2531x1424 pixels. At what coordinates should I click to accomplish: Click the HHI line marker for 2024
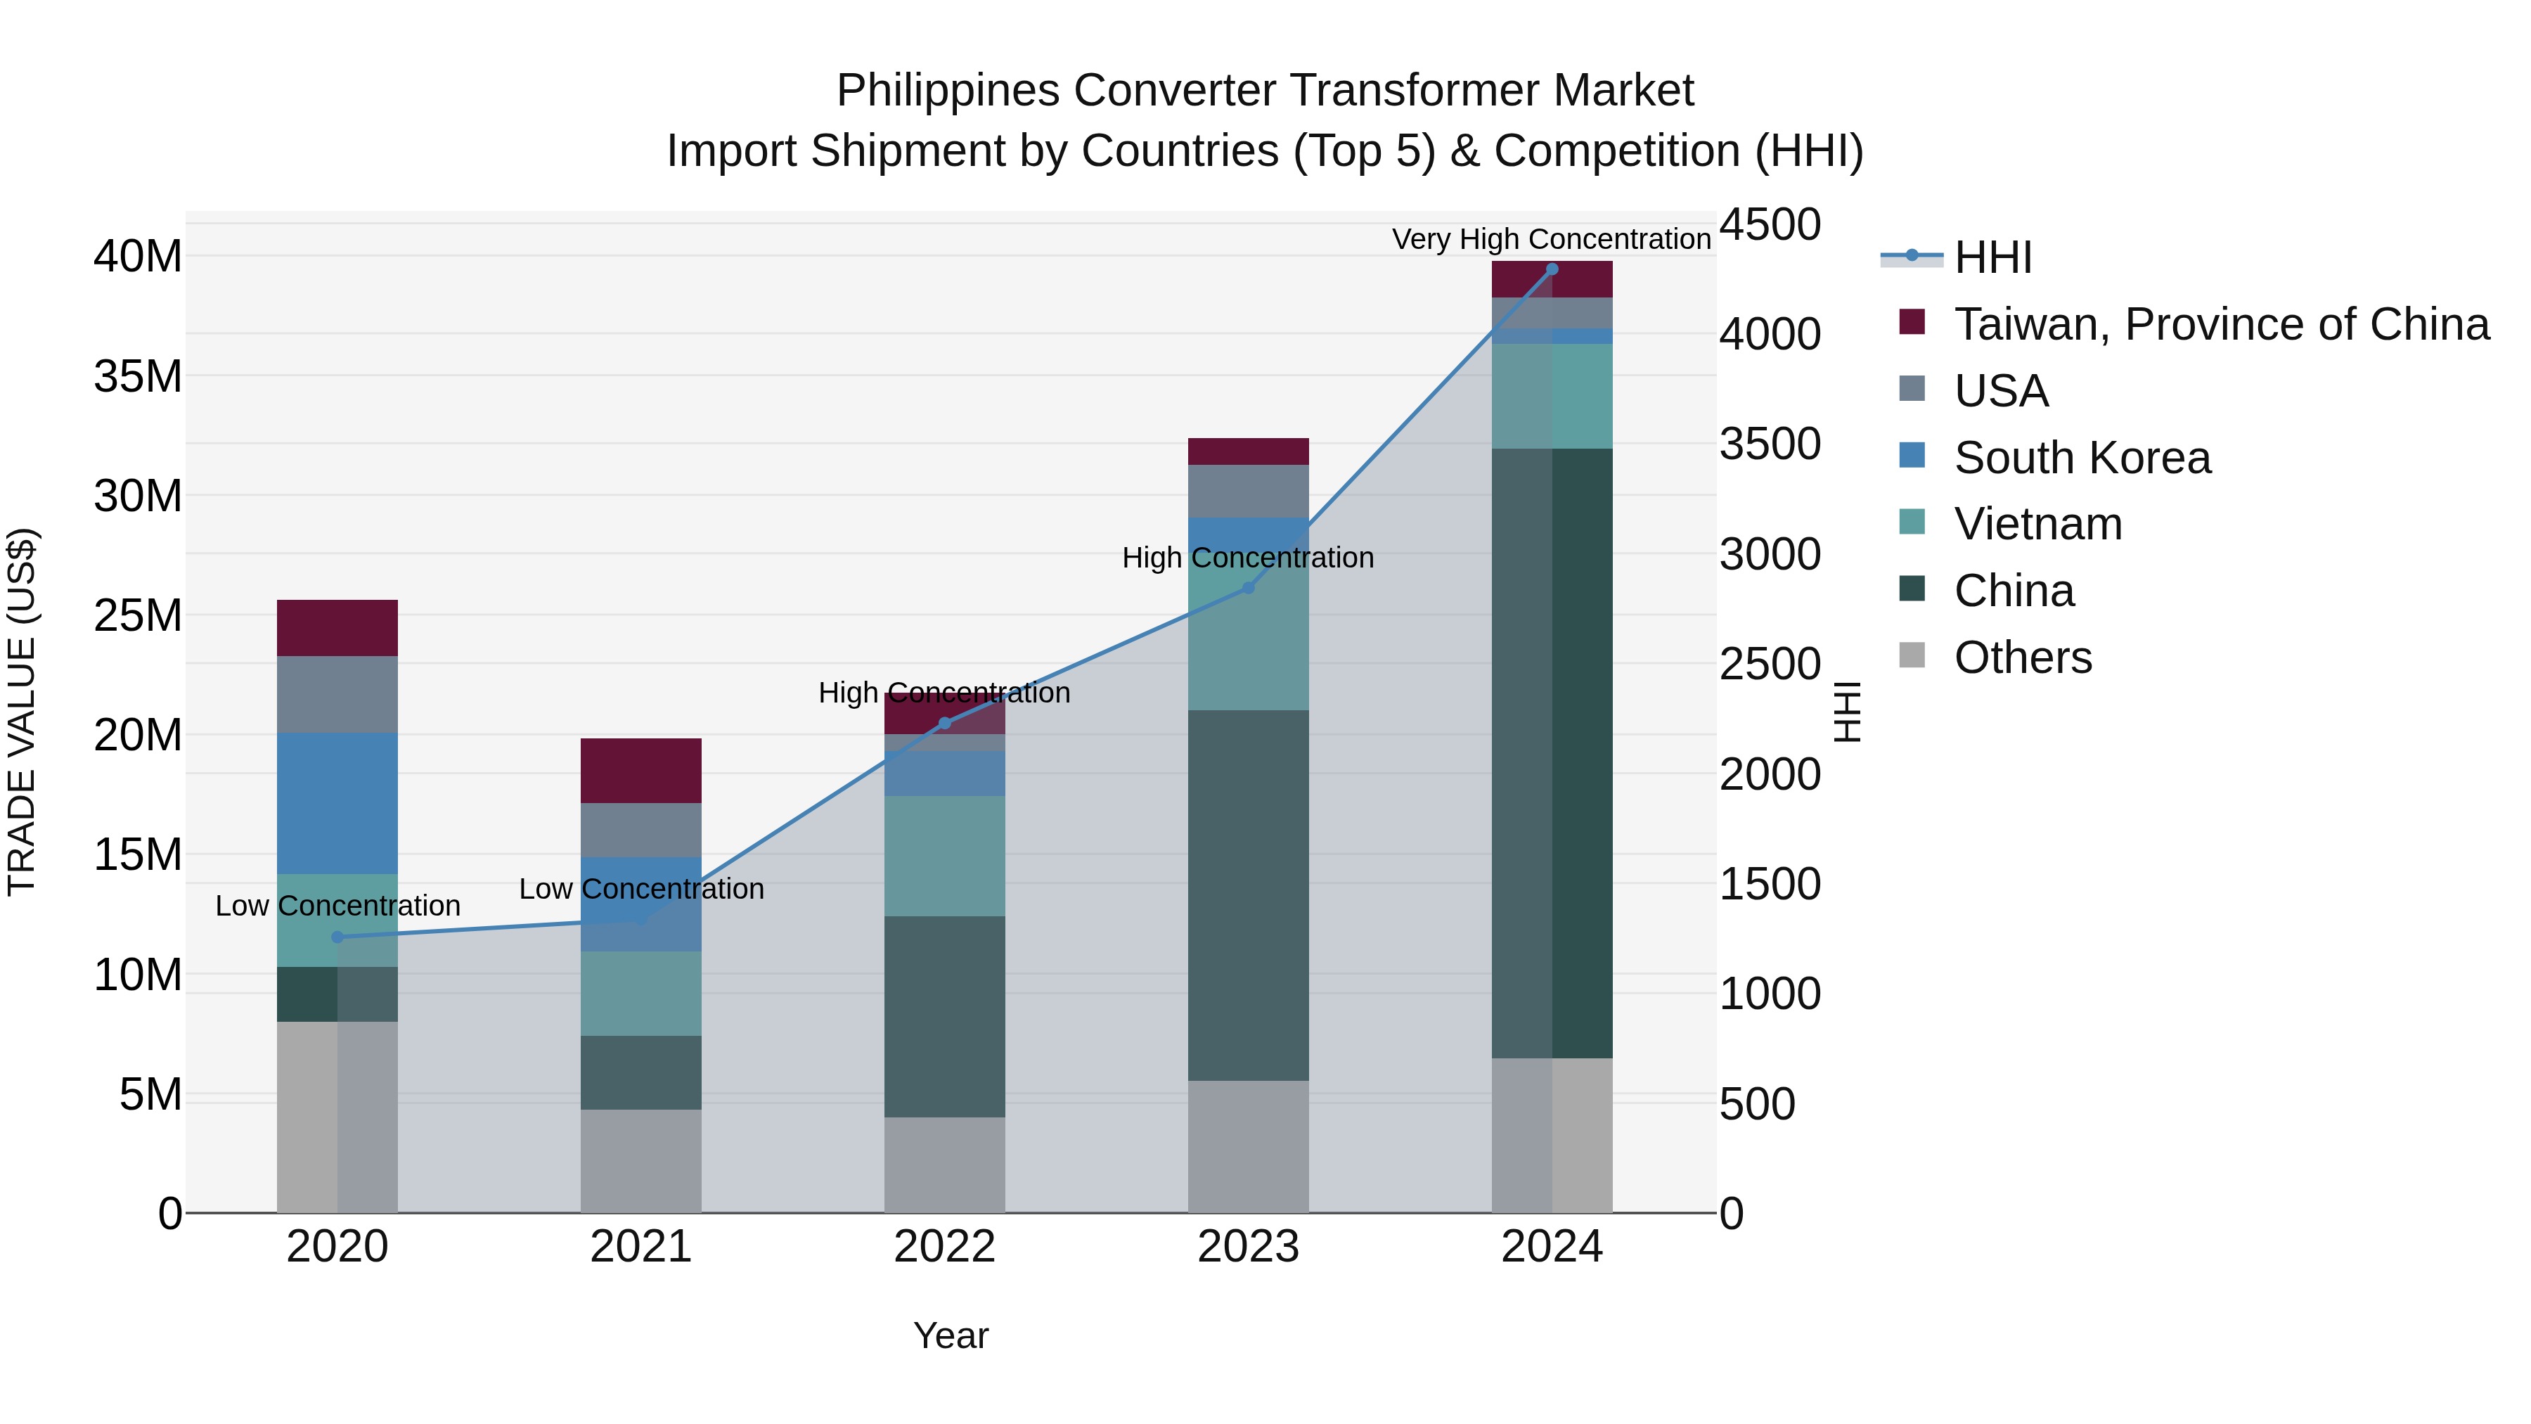[1552, 269]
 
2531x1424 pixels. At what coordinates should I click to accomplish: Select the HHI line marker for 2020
[337, 937]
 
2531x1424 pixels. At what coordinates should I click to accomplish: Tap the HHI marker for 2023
[1248, 588]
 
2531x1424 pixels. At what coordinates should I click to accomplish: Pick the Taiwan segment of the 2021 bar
[640, 771]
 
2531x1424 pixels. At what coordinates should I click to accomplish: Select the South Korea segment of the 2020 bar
[337, 803]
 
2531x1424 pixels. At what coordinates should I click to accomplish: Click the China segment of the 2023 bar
[1248, 894]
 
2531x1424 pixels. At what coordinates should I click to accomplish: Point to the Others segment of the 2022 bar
[944, 1165]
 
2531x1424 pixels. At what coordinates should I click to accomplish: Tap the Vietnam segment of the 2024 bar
[1552, 396]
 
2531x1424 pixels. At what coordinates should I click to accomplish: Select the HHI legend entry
[1992, 257]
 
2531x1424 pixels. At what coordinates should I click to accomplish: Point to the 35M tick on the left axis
[138, 376]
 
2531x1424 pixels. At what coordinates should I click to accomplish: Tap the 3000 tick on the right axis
[1769, 554]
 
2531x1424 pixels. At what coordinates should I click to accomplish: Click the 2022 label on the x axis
[944, 1247]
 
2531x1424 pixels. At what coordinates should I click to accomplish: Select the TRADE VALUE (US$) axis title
[22, 712]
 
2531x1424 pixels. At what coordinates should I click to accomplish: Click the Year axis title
[950, 1335]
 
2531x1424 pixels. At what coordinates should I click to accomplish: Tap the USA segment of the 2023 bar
[1248, 492]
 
